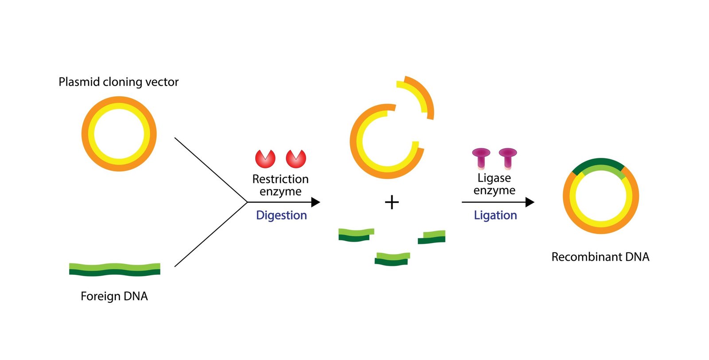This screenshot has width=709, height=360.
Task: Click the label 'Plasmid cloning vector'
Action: (118, 82)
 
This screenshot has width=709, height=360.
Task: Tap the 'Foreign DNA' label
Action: (114, 296)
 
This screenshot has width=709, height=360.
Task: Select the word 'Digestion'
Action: (281, 215)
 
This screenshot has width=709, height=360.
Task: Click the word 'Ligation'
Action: (495, 215)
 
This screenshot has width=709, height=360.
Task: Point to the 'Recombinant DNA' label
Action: (600, 257)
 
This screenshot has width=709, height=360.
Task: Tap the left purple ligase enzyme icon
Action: (481, 158)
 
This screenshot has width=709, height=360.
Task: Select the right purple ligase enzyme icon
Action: (508, 158)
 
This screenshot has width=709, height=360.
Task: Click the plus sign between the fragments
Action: (392, 203)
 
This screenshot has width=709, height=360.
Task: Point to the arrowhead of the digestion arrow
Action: (316, 202)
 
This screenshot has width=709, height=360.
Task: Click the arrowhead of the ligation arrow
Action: (530, 202)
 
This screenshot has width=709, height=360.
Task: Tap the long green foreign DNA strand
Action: (114, 270)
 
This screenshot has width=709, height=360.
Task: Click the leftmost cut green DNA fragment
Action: (355, 235)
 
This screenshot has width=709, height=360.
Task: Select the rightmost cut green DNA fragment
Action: (432, 237)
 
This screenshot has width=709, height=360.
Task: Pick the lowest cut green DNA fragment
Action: (392, 259)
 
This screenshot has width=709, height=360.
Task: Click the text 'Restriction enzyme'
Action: (280, 185)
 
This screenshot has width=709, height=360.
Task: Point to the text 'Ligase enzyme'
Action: (495, 184)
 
